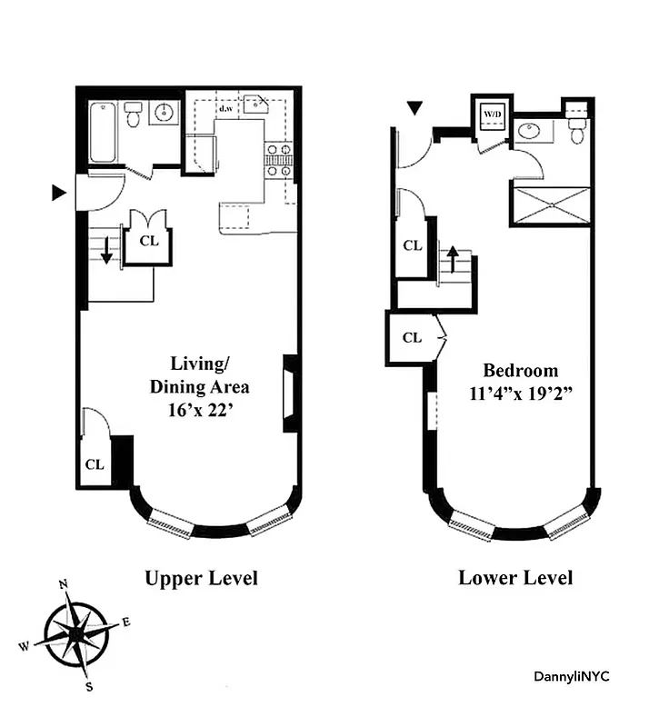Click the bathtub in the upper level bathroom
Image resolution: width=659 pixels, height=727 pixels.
pyautogui.click(x=103, y=133)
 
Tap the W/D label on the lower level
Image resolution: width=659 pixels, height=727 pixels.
pyautogui.click(x=492, y=114)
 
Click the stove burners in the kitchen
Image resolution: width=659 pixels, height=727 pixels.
pyautogui.click(x=278, y=159)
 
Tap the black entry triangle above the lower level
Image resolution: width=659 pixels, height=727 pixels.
pyautogui.click(x=414, y=109)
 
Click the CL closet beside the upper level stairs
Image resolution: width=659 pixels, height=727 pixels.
pyautogui.click(x=147, y=242)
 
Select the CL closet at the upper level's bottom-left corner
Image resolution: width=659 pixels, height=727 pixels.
pyautogui.click(x=95, y=463)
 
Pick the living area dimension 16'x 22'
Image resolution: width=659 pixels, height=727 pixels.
pyautogui.click(x=199, y=409)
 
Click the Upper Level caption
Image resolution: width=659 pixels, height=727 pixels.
pyautogui.click(x=202, y=578)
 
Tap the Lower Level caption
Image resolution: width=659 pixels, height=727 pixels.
pyautogui.click(x=515, y=578)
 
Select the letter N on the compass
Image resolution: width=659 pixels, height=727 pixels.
pyautogui.click(x=64, y=585)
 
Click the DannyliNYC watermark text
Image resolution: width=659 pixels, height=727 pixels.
pyautogui.click(x=572, y=676)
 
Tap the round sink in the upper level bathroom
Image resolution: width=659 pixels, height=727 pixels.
pyautogui.click(x=165, y=114)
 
